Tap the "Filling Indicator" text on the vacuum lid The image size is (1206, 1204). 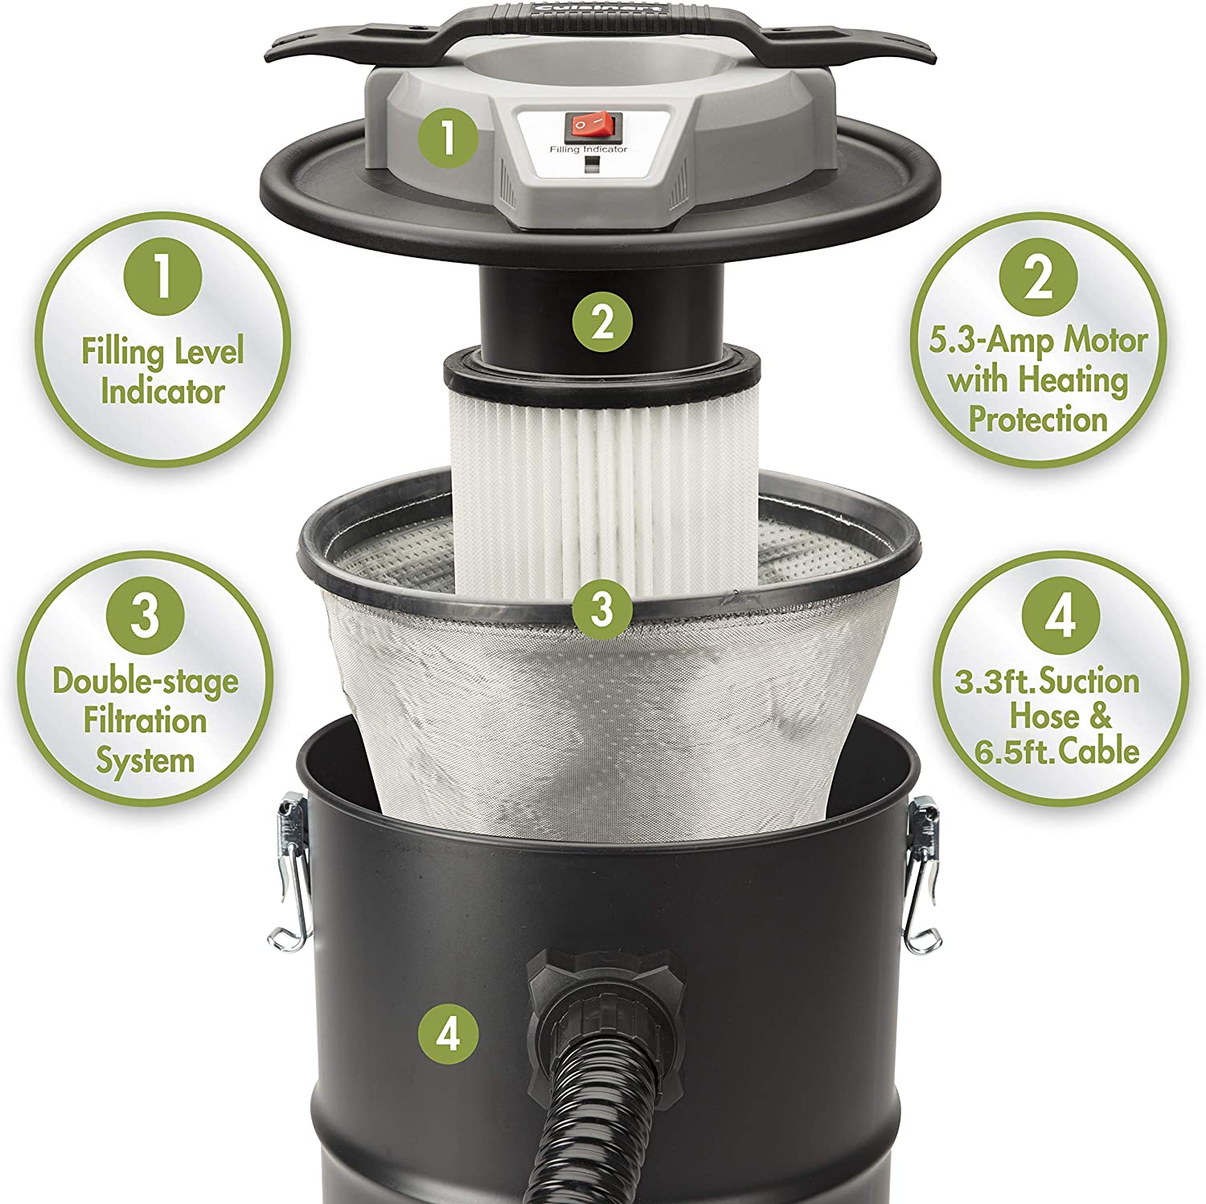point(589,149)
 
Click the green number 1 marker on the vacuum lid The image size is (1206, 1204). point(448,137)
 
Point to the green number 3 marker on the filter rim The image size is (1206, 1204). point(602,608)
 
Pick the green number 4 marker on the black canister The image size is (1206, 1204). point(448,1034)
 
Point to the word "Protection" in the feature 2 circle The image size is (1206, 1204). point(1038,419)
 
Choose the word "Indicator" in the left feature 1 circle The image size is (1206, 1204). point(162,391)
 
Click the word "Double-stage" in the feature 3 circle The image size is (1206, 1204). point(146,682)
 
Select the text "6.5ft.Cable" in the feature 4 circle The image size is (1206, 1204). point(1057,751)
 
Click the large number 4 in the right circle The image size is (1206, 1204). point(1060,616)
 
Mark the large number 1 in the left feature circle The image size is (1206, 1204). point(163,274)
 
